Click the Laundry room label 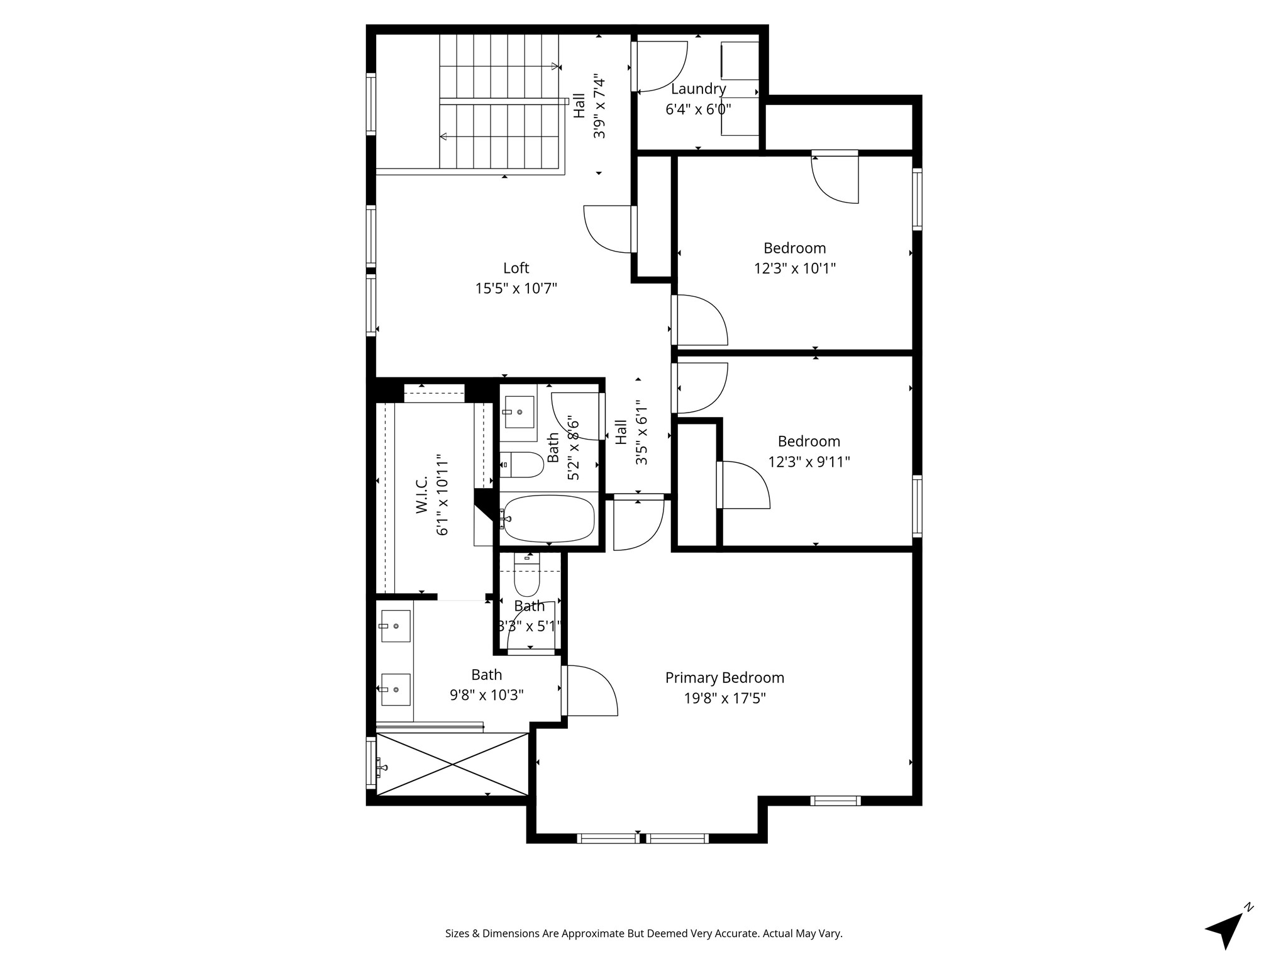click(x=698, y=89)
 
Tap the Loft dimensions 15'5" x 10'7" click(x=516, y=289)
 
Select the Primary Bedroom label click(x=724, y=678)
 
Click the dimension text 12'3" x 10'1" click(x=794, y=269)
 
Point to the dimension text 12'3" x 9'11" click(x=809, y=462)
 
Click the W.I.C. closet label click(x=422, y=494)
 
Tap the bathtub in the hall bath click(x=548, y=519)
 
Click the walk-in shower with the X click(x=452, y=764)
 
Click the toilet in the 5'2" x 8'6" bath click(x=525, y=465)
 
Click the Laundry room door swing click(x=662, y=67)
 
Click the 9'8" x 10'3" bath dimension click(x=486, y=696)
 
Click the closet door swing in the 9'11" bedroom click(x=743, y=485)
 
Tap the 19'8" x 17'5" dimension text click(x=724, y=699)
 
